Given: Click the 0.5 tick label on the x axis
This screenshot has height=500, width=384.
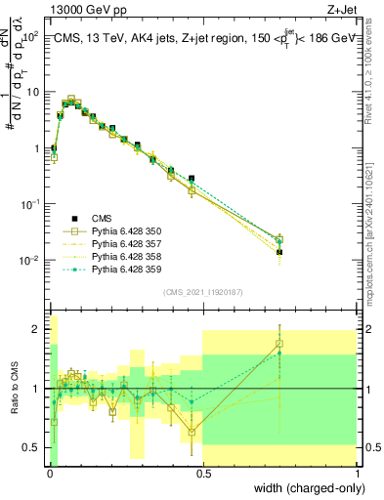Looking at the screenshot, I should click(x=203, y=474).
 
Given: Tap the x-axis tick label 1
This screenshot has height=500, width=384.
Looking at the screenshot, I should click(x=359, y=474).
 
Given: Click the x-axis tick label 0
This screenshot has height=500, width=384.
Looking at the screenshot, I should click(x=49, y=474).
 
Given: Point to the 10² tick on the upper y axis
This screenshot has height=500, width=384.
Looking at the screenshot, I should click(x=31, y=35).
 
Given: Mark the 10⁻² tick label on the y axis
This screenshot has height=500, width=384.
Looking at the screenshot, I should click(x=29, y=260).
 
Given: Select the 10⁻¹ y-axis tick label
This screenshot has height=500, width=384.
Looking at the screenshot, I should click(x=29, y=204).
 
